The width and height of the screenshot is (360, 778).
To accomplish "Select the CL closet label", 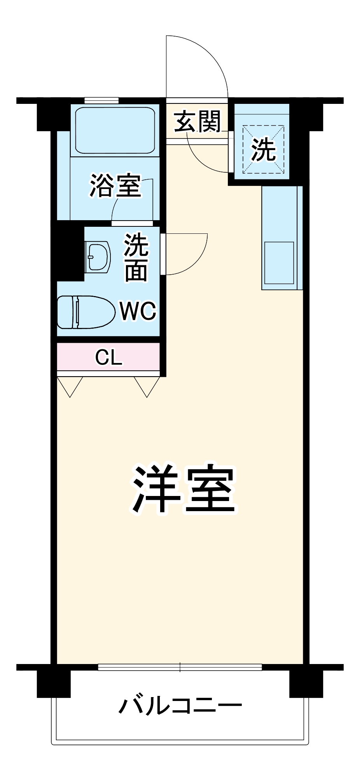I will pos(108,357).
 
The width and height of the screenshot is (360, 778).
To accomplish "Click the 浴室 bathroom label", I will pos(115,186).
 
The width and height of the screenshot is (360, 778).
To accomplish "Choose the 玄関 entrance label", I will pos(197,121).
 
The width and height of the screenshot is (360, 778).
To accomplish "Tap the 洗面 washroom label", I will pos(136,258).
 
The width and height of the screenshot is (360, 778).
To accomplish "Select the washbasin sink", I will pos(98,257).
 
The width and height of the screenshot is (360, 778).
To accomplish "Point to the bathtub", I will pos(115,130).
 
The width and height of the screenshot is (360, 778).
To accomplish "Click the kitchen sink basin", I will pos(279,263).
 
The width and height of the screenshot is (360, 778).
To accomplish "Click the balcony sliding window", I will pos(180,668).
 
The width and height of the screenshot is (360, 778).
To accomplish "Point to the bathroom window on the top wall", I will pos(101,100).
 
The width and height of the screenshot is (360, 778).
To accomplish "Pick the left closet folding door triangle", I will pos(70,386).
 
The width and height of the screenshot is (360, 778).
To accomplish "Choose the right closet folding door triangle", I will pos(147,386).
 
